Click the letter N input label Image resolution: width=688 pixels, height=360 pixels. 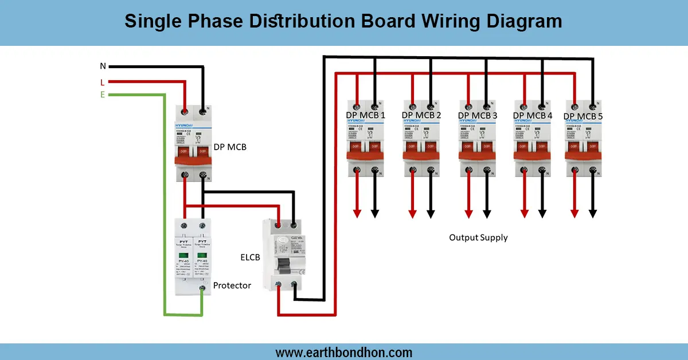(103, 66)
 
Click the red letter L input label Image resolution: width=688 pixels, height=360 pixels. (103, 82)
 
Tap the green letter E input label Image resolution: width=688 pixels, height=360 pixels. (103, 95)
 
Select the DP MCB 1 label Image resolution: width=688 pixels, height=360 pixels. (365, 115)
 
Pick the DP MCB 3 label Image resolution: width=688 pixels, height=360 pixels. (477, 115)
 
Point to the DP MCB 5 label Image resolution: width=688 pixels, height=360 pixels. (583, 116)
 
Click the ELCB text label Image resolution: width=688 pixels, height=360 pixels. (250, 257)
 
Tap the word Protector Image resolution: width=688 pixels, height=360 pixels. (232, 285)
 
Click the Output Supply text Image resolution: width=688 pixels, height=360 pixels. (478, 237)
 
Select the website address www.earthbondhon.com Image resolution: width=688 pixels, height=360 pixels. (344, 353)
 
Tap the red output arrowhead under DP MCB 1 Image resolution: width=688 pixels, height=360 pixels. (357, 214)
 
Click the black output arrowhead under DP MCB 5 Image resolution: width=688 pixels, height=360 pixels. (593, 214)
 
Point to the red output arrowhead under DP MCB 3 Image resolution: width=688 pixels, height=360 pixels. (469, 214)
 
